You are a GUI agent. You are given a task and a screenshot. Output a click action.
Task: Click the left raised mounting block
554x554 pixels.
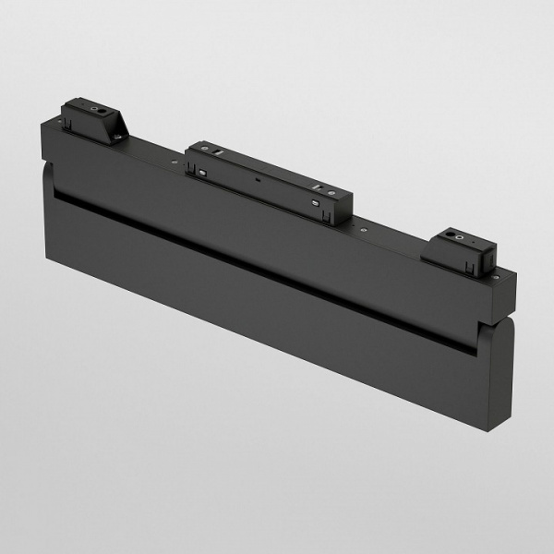[92, 120]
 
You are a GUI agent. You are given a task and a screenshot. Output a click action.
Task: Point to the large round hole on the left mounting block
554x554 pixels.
[97, 108]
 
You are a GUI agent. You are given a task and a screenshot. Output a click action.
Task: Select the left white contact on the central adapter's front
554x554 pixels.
[199, 171]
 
